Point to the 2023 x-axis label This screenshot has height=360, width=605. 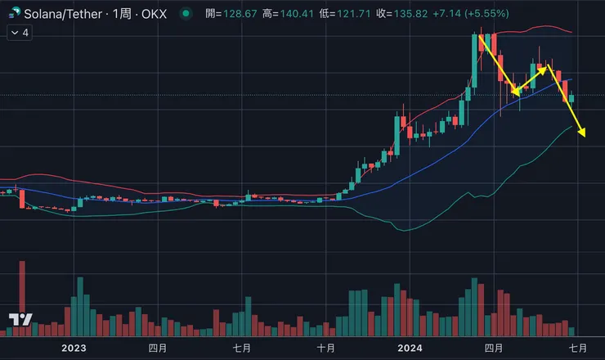pos(74,348)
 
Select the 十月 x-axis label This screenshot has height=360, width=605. pos(325,348)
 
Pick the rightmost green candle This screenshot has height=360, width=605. pos(571,98)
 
